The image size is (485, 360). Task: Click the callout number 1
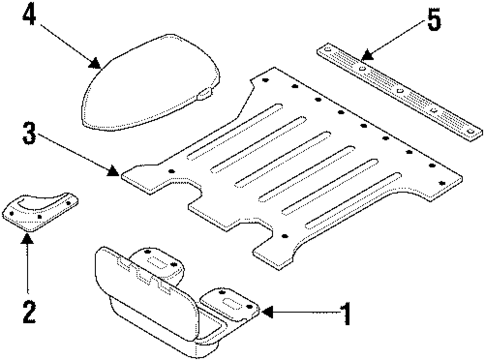344,317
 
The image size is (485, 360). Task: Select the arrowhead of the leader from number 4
103,68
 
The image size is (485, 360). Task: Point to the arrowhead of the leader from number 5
361,58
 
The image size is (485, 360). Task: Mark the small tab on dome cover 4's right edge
205,93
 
